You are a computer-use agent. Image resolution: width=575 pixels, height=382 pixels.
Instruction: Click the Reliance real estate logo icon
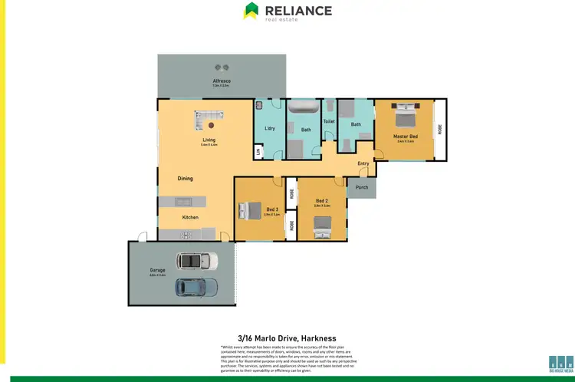pos(251,10)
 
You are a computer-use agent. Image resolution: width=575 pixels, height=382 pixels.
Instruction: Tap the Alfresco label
pos(222,81)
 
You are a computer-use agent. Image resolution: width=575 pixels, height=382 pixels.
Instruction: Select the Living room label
pos(209,140)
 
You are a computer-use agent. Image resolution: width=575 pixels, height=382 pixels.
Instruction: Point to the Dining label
pos(185,179)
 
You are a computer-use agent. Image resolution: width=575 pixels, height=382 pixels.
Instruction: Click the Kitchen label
pos(190,217)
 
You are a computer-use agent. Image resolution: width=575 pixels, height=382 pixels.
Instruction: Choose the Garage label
pos(157,269)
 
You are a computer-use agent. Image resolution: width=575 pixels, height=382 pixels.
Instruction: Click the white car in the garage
pos(196,261)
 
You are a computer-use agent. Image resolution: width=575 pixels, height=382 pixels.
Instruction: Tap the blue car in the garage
pos(196,288)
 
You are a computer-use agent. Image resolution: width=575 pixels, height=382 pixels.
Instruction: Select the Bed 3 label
pos(273,209)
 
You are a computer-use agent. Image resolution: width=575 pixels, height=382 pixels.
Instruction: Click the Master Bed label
pos(405,137)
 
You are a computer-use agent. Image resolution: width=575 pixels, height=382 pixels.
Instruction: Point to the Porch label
pos(362,186)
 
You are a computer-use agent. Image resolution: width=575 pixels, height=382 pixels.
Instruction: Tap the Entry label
pos(363,163)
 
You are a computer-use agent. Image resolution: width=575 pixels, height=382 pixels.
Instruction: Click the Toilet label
pos(329,121)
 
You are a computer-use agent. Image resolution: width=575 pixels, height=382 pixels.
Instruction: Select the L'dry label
pos(270,128)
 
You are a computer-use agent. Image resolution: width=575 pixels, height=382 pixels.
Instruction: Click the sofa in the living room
pos(209,120)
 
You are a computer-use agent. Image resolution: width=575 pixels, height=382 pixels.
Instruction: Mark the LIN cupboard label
pos(258,153)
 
